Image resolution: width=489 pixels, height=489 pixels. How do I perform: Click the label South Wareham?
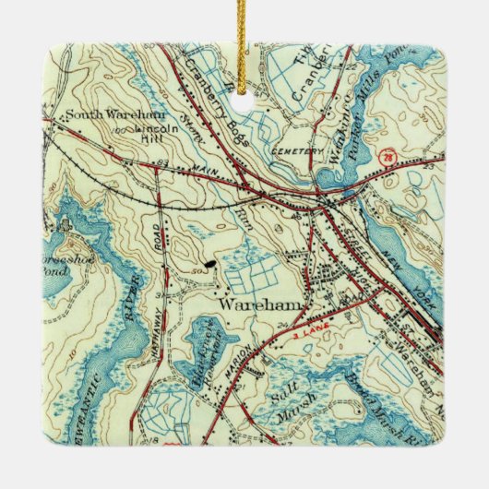point(102,117)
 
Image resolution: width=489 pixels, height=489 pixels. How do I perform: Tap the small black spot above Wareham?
point(212,262)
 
